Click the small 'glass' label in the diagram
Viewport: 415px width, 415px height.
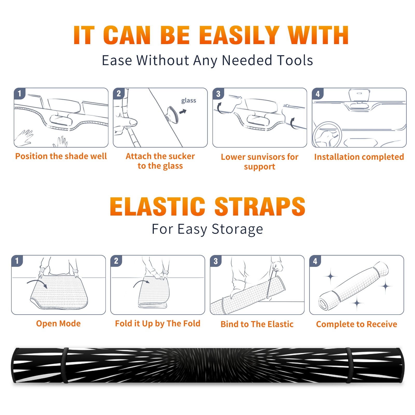[189, 100]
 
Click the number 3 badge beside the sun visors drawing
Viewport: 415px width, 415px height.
[218, 94]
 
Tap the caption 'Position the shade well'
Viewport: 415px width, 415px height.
[61, 156]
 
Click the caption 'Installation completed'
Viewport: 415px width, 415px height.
[359, 157]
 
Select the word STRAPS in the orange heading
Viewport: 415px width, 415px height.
[260, 206]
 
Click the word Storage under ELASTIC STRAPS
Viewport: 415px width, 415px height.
[237, 229]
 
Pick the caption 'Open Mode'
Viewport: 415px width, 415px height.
[58, 323]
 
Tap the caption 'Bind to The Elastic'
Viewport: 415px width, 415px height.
[257, 324]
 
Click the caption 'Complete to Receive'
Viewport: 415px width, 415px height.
[357, 324]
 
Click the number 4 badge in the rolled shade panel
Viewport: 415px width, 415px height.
[315, 261]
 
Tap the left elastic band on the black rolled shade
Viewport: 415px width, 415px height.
[65, 365]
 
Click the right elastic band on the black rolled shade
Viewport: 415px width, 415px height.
[349, 365]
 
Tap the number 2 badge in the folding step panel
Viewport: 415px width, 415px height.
[116, 261]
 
